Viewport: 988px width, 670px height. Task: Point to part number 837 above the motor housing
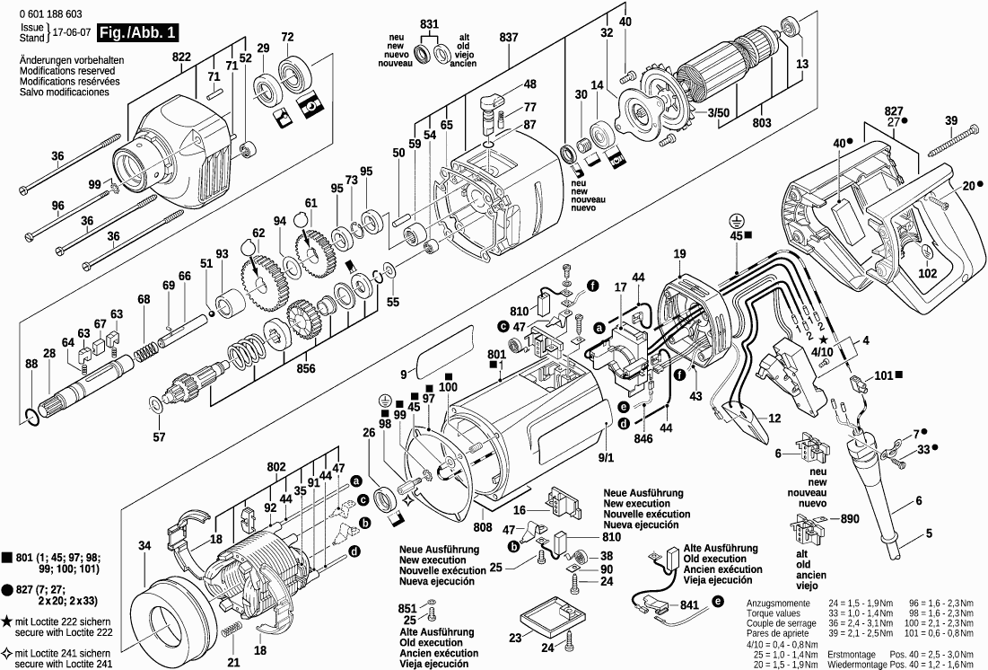pyautogui.click(x=509, y=37)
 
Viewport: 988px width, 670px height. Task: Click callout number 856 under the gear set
pyautogui.click(x=305, y=367)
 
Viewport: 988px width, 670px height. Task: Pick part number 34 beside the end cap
pyautogui.click(x=145, y=545)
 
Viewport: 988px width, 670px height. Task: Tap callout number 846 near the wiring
pyautogui.click(x=643, y=441)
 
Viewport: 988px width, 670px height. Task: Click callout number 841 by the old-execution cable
pyautogui.click(x=690, y=606)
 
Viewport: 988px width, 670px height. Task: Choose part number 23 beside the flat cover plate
pyautogui.click(x=514, y=639)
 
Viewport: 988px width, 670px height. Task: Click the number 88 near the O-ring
pyautogui.click(x=31, y=364)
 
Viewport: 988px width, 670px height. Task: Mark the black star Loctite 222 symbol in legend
pyautogui.click(x=7, y=622)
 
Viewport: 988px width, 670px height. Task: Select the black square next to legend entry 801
pyautogui.click(x=7, y=560)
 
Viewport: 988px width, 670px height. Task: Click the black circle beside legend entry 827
pyautogui.click(x=7, y=590)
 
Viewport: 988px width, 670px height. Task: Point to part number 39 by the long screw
pyautogui.click(x=951, y=120)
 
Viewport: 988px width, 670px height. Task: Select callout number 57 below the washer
pyautogui.click(x=159, y=437)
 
